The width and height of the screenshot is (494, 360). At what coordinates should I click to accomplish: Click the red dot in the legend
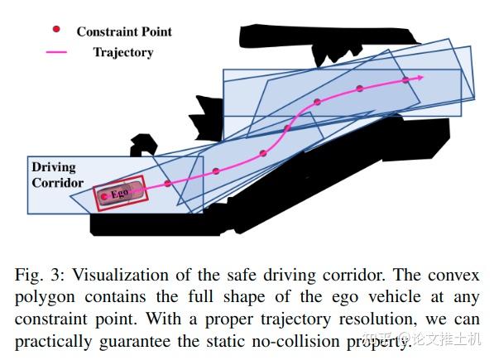pos(57,30)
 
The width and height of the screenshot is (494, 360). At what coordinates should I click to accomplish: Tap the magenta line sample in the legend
pos(57,52)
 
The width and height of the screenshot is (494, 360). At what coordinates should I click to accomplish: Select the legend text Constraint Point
pos(124,31)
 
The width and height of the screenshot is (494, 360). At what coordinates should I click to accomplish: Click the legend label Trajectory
pos(123,52)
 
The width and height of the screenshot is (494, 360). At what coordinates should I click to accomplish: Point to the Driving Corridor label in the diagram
pos(58,175)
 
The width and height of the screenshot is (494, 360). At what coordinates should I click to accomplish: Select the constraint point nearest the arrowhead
pos(405,80)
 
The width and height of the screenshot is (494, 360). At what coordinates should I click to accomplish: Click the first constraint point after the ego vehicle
pos(168,183)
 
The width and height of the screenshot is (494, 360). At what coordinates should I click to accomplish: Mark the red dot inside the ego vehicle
pos(103,197)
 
